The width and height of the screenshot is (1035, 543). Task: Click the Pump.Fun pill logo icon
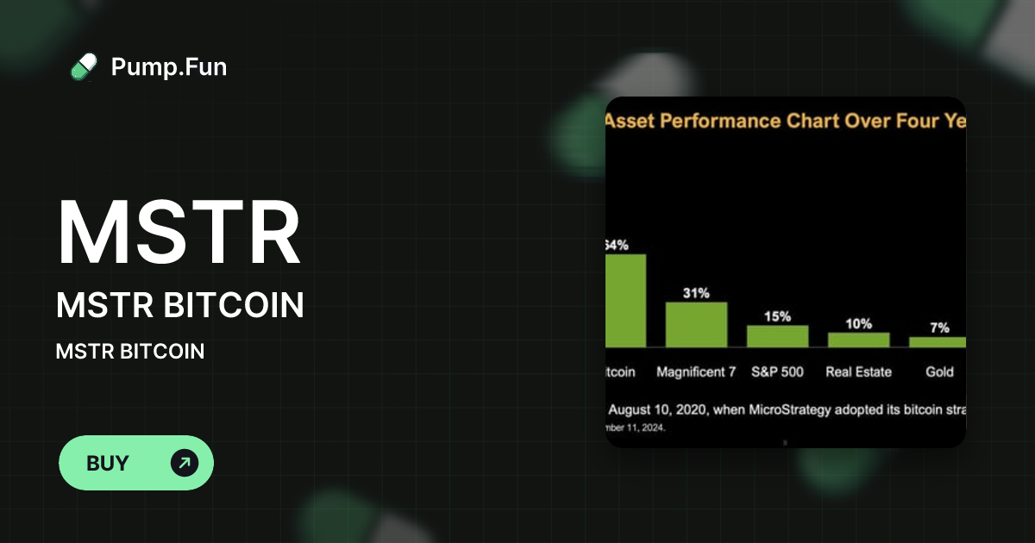tap(84, 66)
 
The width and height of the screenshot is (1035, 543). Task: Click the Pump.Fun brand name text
tap(169, 66)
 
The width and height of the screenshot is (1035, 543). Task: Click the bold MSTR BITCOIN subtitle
tap(179, 305)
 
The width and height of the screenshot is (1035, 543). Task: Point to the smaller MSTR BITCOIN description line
tap(129, 352)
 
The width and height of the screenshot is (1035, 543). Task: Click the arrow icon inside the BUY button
tap(185, 463)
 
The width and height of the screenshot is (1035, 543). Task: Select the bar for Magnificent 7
tap(696, 324)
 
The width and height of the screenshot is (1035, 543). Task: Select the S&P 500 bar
tap(777, 336)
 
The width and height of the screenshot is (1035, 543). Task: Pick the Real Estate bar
tap(858, 340)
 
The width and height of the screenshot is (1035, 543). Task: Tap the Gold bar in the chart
tap(938, 342)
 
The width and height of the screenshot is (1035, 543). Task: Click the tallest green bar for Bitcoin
tap(625, 300)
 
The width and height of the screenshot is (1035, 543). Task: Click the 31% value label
tap(696, 293)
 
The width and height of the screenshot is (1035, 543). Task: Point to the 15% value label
tap(777, 316)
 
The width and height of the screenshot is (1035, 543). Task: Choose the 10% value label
tap(858, 323)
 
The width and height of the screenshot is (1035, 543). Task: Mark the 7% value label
tap(939, 328)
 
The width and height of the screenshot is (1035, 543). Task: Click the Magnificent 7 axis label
tap(696, 372)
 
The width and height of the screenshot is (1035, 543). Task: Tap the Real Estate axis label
tap(858, 372)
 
